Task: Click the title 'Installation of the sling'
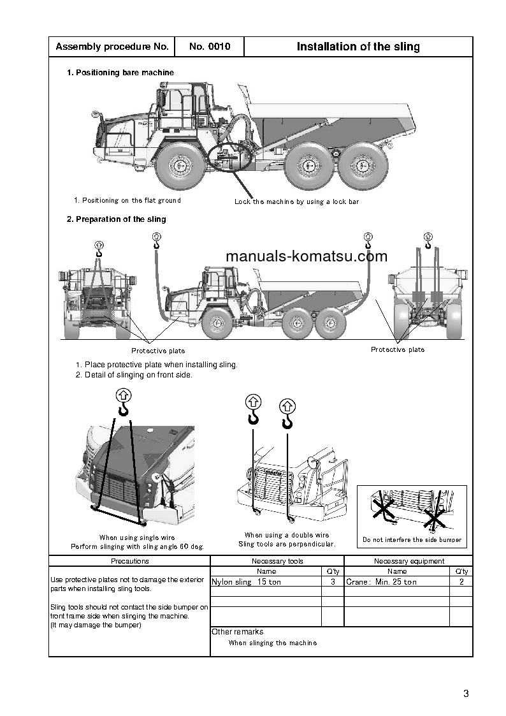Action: click(358, 47)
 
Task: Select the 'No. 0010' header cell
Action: click(209, 47)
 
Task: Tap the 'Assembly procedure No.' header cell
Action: click(112, 47)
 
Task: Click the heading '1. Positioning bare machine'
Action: click(120, 73)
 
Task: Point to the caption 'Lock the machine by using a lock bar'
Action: click(296, 201)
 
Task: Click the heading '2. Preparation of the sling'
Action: click(117, 219)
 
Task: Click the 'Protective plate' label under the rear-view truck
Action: click(398, 349)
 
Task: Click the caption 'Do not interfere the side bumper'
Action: click(412, 540)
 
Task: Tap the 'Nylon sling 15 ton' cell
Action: click(246, 582)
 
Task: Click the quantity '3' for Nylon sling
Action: click(333, 582)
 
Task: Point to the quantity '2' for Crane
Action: click(461, 582)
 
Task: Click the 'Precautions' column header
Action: click(129, 561)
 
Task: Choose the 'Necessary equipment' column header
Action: click(408, 561)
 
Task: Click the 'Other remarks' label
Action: click(237, 632)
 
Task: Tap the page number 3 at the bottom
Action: click(466, 694)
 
